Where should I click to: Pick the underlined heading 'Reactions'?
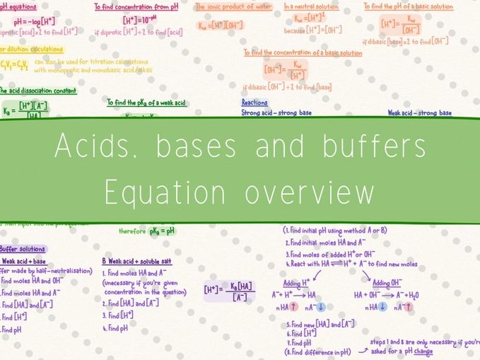254,103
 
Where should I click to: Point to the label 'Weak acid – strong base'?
419,112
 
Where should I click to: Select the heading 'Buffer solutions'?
23,249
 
